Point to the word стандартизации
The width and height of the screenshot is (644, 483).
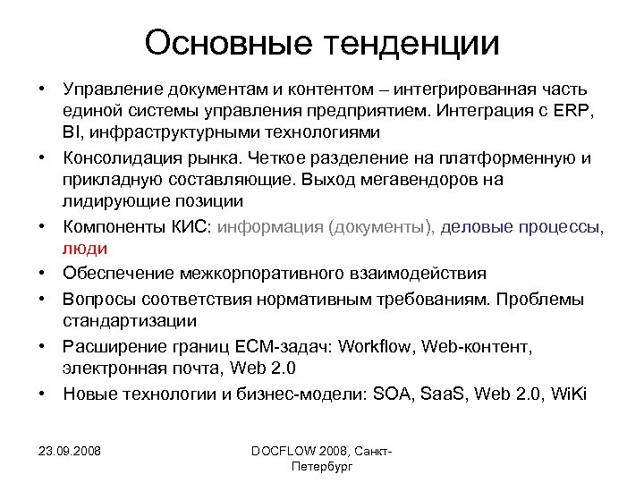(130, 319)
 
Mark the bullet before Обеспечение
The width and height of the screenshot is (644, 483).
(42, 273)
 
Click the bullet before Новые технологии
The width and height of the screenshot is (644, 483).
(42, 393)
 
